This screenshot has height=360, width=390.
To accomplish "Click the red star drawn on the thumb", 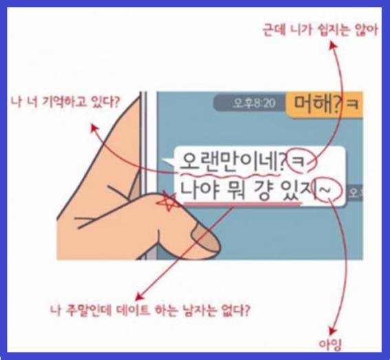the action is [x=167, y=201].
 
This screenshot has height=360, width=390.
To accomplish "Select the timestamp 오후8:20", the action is [x=254, y=103].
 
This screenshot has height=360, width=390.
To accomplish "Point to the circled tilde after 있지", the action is [x=329, y=190].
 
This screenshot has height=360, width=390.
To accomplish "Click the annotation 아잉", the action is [x=329, y=345].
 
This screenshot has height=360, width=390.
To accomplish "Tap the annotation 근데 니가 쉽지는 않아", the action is [x=321, y=30].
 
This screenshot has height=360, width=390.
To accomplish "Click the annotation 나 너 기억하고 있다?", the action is [x=65, y=102].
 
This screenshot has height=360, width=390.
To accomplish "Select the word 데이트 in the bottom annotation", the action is [x=133, y=310].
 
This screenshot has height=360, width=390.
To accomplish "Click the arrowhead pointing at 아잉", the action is [x=332, y=332].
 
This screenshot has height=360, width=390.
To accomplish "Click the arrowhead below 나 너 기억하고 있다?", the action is [x=94, y=128].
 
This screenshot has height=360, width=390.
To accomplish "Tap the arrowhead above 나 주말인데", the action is [x=139, y=296].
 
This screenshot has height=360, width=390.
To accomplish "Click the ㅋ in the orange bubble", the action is [x=353, y=105].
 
